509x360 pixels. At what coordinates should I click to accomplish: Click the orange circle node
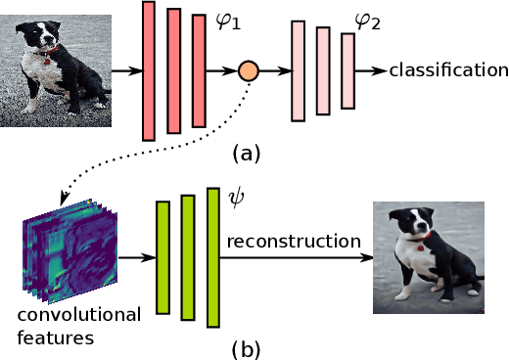[x=249, y=71]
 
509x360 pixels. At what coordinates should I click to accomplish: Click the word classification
[x=448, y=70]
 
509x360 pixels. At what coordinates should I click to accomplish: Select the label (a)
[x=245, y=154]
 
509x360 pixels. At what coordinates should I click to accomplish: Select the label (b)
[x=245, y=346]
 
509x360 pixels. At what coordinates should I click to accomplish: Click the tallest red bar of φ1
[x=149, y=70]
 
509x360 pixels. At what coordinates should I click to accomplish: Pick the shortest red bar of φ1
[x=199, y=70]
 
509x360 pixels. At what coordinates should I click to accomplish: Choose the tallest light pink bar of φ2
[x=299, y=71]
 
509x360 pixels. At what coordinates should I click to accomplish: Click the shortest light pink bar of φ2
[x=347, y=70]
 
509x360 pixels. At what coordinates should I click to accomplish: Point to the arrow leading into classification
[x=372, y=71]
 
